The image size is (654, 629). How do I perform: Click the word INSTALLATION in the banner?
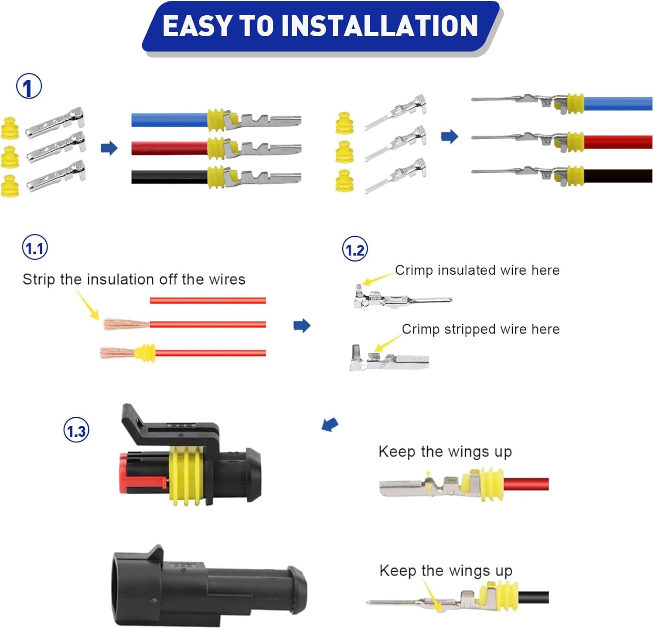[x=379, y=26]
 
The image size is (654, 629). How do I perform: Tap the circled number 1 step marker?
[x=29, y=86]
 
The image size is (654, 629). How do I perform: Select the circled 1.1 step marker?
[x=35, y=248]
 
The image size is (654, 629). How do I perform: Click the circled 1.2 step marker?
[x=355, y=249]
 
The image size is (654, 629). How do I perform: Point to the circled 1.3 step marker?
[x=76, y=430]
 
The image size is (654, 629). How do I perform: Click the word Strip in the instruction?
[x=39, y=279]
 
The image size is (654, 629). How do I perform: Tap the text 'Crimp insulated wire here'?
[x=477, y=270]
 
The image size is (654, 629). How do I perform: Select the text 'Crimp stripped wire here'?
[x=480, y=329]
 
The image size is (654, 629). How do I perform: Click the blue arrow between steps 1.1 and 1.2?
[x=302, y=325]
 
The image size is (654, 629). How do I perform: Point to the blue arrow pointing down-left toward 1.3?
[x=330, y=424]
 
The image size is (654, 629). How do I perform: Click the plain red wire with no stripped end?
[x=208, y=300]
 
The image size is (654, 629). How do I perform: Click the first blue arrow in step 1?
[x=109, y=148]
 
